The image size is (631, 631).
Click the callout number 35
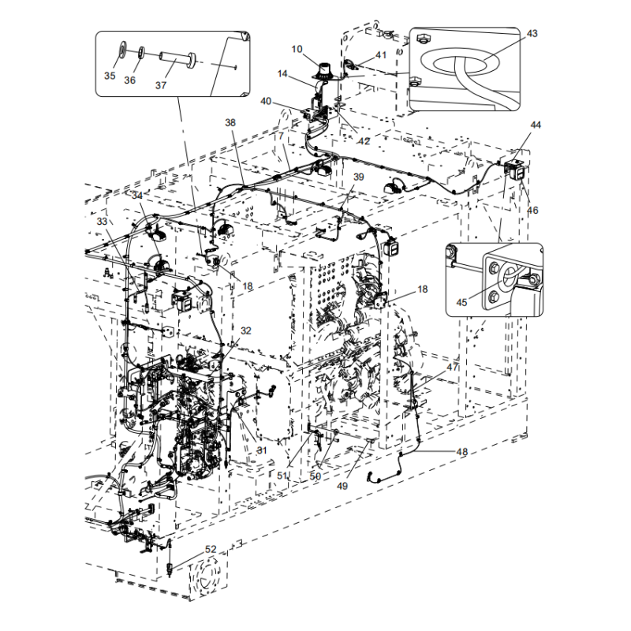point(110,76)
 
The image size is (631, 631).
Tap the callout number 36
point(130,80)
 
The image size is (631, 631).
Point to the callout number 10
point(297,49)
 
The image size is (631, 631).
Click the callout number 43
point(532,34)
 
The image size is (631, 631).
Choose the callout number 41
point(381,55)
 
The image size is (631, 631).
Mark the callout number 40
point(265,101)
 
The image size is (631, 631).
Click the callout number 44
point(536,125)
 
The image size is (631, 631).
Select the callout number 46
point(532,211)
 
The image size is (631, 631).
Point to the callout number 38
point(230,123)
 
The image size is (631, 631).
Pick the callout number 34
point(137,196)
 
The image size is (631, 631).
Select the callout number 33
point(102,222)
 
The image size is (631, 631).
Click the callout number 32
point(246,330)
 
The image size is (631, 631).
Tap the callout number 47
point(452,368)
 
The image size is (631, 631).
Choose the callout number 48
point(462,451)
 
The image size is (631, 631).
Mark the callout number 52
point(211,549)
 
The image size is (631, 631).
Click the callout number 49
point(342,486)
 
